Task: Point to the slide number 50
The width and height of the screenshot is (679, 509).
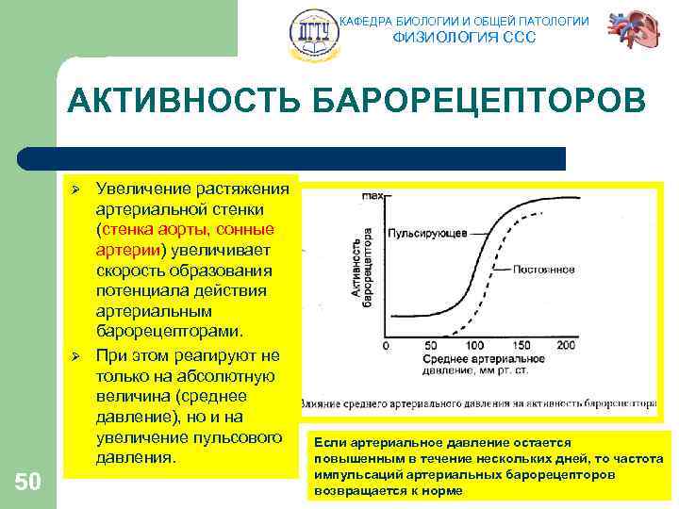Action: [28, 483]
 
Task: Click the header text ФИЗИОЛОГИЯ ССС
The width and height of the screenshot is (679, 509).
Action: [463, 38]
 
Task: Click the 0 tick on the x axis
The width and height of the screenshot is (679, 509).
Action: [385, 346]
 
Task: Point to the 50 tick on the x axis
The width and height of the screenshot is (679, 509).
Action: [430, 346]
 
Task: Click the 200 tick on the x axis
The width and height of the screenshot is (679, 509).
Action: [565, 346]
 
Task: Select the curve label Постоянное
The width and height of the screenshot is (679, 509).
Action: [544, 270]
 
